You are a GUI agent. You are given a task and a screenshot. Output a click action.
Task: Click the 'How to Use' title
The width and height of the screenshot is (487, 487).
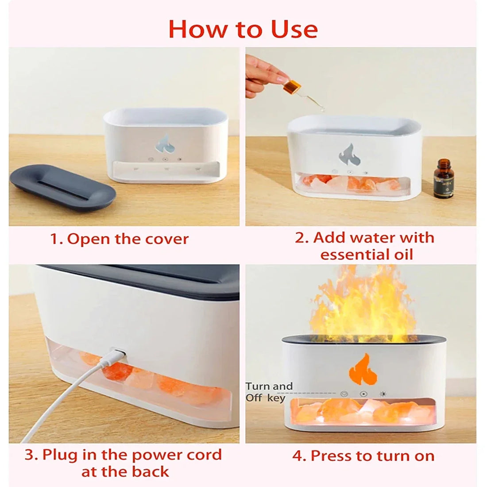coord(243,29)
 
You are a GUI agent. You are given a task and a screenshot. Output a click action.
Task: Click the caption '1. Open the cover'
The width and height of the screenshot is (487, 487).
coord(119,239)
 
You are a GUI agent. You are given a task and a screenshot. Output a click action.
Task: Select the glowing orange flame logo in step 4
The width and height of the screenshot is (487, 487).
coord(363,368)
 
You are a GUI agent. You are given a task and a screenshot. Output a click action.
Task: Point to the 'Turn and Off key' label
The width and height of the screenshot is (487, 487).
coord(269,392)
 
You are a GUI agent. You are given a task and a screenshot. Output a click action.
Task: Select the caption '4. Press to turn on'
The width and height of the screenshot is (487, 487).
coord(363,456)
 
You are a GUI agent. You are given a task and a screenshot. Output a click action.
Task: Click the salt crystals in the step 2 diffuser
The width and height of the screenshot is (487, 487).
coord(350,182)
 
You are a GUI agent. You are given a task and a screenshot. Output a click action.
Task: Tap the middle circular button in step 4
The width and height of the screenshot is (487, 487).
coord(363,394)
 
